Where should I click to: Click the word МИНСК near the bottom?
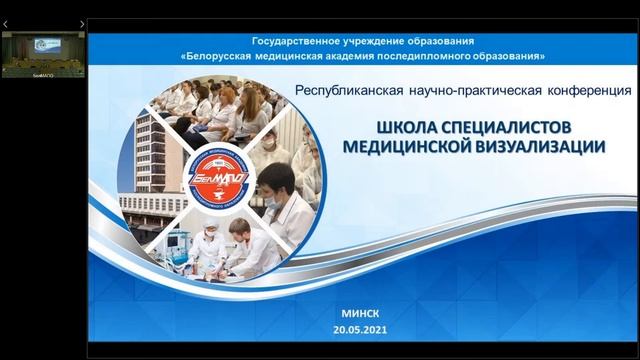pyautogui.click(x=360, y=313)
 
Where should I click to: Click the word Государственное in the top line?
pyautogui.click(x=301, y=40)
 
